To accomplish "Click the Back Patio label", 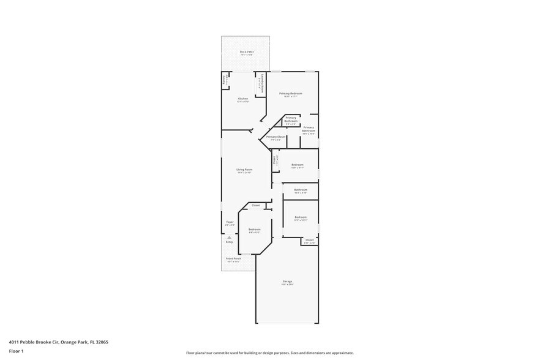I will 246,52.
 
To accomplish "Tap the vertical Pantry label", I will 225,80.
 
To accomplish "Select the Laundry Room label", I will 261,83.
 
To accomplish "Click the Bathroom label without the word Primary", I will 300,190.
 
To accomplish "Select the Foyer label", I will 230,222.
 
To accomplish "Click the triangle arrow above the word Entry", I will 229,237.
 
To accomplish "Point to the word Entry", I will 229,242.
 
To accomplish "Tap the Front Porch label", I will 233,258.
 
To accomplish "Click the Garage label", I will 287,282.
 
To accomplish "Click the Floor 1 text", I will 16,351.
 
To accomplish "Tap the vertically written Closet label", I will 275,160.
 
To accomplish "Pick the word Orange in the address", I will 70,342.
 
